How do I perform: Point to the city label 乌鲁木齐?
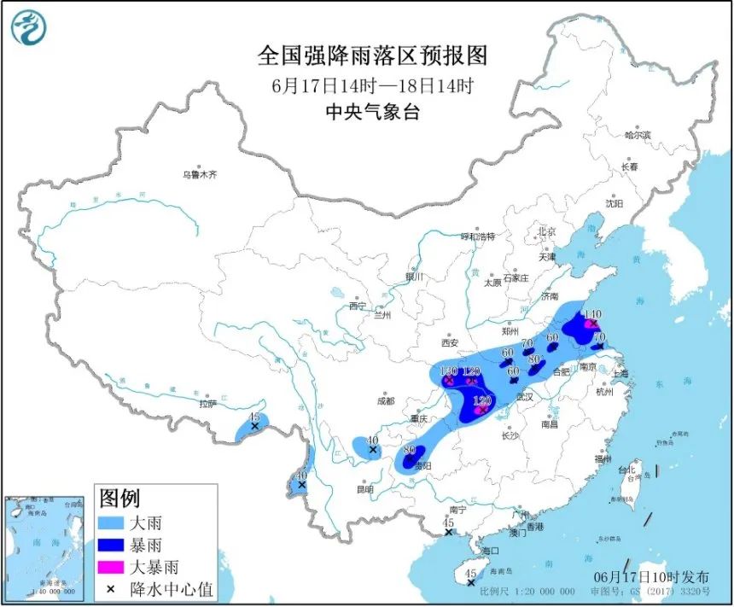click(199, 174)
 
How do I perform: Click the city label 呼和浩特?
click(478, 236)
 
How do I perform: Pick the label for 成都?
click(385, 400)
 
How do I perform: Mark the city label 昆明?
click(365, 489)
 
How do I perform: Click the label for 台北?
click(626, 470)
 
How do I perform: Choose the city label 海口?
click(489, 552)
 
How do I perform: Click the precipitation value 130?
click(448, 371)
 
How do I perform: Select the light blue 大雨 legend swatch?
click(123, 522)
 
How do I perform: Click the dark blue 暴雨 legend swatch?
click(123, 544)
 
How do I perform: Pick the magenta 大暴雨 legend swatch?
click(123, 565)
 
